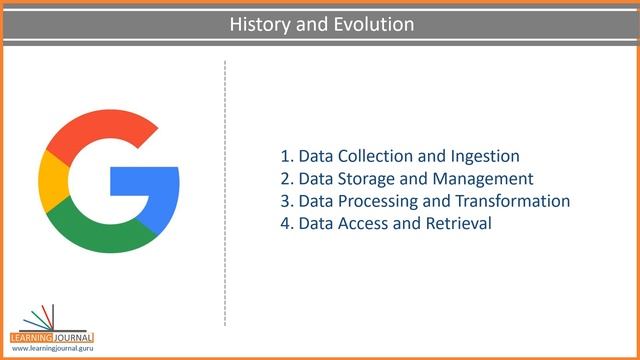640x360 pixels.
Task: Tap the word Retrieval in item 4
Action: click(459, 223)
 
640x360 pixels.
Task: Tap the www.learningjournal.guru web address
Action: click(52, 349)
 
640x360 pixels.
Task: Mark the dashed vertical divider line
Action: click(225, 190)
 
